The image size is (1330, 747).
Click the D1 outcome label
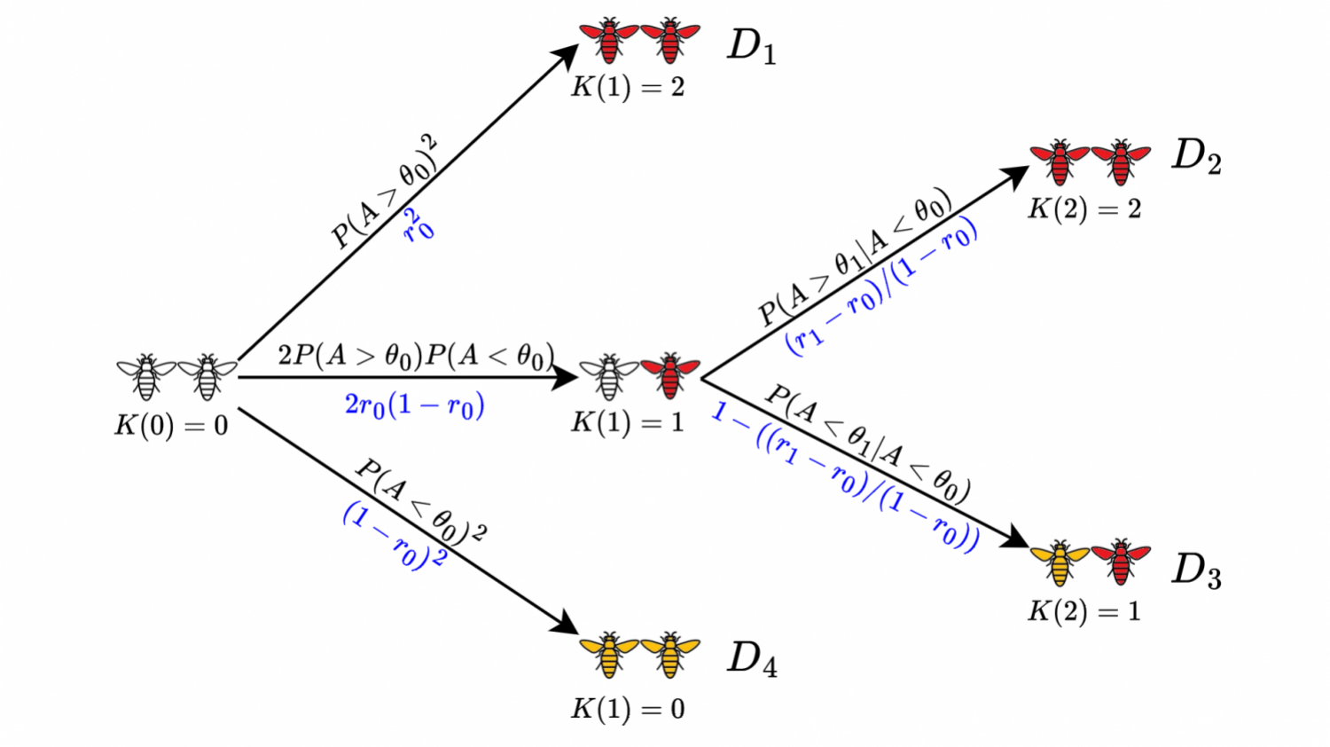coord(752,46)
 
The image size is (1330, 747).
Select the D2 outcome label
coord(1196,157)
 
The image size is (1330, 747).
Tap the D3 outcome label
coord(1196,570)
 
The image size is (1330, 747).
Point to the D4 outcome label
coord(752,659)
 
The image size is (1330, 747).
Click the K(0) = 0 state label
coord(171,426)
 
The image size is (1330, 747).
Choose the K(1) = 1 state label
coord(628,421)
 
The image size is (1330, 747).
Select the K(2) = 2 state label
coord(1084,209)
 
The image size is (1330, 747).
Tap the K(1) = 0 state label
coord(628,709)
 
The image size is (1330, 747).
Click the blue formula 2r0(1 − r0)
coord(414,405)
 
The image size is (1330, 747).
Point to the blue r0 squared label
coord(419,225)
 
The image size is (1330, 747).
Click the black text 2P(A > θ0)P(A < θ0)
coord(415,356)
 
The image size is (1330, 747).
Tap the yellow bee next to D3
coord(1060,562)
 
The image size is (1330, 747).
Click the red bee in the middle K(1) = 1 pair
coord(670,375)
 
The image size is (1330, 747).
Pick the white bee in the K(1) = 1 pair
coord(608,375)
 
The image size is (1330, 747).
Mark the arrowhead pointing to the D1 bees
coord(566,58)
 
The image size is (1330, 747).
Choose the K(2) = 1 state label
coord(1084,611)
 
